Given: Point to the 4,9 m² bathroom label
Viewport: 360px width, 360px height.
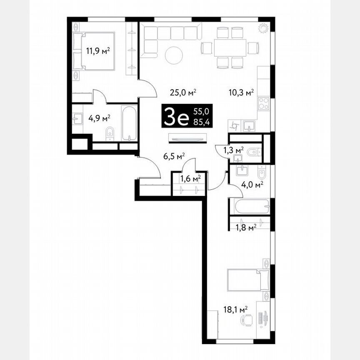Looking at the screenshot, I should [x=99, y=118].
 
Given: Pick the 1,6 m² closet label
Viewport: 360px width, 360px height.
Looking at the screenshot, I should [x=190, y=179].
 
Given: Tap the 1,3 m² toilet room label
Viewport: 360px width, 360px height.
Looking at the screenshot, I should [x=233, y=150].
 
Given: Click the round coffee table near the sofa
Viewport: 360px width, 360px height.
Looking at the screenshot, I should [x=174, y=55].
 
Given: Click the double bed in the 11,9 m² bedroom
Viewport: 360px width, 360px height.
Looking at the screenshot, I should [x=93, y=51].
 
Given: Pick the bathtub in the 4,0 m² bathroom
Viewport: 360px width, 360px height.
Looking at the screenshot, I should [x=248, y=206].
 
